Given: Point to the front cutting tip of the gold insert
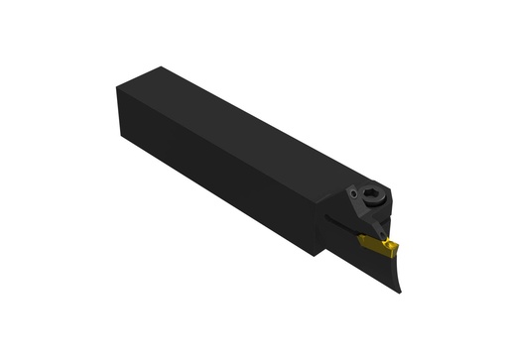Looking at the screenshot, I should click(397, 244).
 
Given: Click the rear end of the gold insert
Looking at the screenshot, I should click(361, 237).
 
